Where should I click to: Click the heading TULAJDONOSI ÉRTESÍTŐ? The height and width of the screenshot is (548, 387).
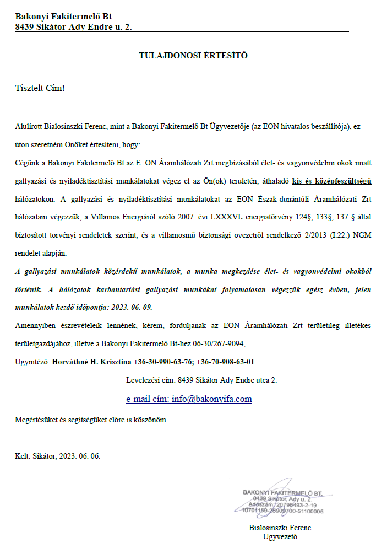click(193, 55)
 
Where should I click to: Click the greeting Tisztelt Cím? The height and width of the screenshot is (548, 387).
click(40, 88)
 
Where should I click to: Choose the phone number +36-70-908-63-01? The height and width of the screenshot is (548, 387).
click(226, 362)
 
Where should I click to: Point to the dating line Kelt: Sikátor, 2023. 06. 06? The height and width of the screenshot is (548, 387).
click(58, 456)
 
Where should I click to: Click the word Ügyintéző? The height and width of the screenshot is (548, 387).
click(32, 362)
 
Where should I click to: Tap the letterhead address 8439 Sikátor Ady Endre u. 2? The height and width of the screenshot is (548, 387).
click(74, 26)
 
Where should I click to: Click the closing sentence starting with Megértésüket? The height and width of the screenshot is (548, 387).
click(91, 420)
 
